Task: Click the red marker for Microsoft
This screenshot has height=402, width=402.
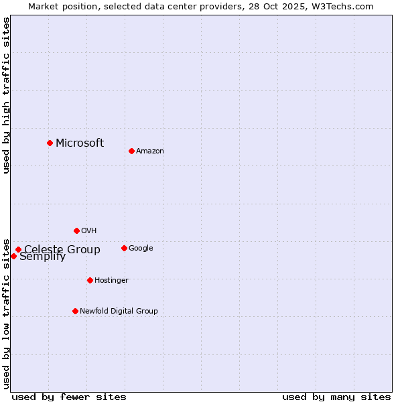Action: click(x=50, y=143)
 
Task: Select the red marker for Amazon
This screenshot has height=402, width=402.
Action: click(x=131, y=151)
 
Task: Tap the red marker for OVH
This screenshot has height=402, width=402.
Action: click(x=76, y=230)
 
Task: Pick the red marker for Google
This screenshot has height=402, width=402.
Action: click(x=124, y=248)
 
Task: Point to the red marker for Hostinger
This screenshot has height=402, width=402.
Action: click(x=90, y=280)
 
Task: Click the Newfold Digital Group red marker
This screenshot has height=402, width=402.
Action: click(x=75, y=311)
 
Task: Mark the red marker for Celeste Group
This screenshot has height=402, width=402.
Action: click(x=18, y=250)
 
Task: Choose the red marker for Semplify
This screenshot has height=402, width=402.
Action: click(x=13, y=256)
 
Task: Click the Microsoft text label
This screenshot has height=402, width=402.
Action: click(x=80, y=143)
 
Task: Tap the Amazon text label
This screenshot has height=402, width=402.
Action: click(x=150, y=151)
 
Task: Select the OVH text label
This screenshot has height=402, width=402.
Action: click(x=89, y=231)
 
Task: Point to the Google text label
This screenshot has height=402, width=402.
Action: click(x=141, y=249)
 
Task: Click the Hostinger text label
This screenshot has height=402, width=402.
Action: click(x=111, y=281)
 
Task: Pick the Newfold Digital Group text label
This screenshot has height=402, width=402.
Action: click(x=119, y=312)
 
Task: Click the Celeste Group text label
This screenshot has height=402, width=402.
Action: click(x=62, y=250)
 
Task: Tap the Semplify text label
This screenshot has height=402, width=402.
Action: click(x=43, y=257)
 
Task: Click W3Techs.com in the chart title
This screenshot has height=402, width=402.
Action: click(x=341, y=7)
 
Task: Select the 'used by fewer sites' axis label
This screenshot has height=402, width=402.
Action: click(x=69, y=397)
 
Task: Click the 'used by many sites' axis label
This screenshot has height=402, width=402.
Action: click(x=336, y=397)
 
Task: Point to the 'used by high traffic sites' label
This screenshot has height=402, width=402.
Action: click(x=7, y=95)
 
